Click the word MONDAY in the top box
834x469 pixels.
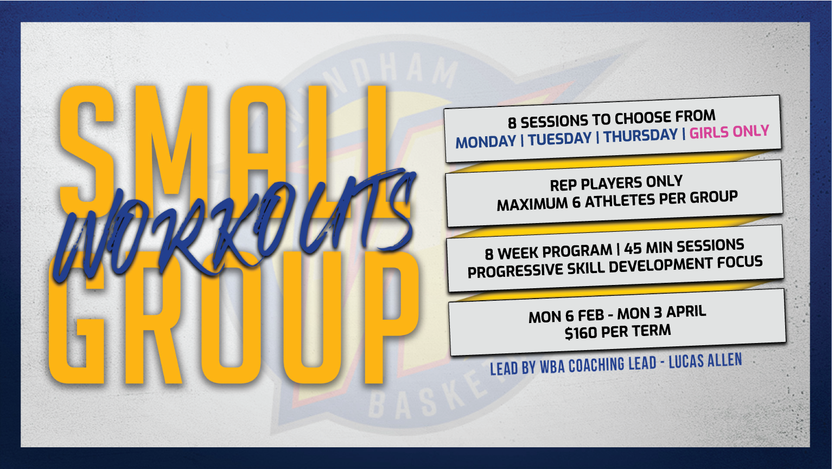click(x=486, y=142)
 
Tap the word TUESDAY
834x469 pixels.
click(x=559, y=138)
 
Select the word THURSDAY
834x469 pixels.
click(x=641, y=135)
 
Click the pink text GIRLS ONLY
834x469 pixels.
click(x=729, y=131)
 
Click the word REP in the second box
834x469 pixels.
click(x=564, y=185)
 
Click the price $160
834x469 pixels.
click(x=581, y=333)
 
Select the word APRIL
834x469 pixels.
click(x=686, y=312)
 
